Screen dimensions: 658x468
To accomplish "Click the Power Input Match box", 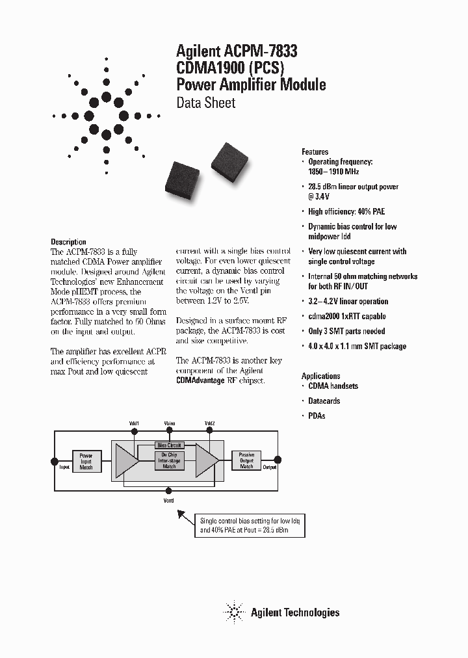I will point(86,461).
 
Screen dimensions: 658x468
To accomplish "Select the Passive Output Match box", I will point(247,460).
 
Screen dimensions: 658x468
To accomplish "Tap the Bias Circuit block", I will point(169,445).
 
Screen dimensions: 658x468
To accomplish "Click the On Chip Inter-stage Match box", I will point(169,461).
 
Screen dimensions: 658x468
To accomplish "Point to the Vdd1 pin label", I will point(135,423).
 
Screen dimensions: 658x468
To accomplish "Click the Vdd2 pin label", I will point(209,423).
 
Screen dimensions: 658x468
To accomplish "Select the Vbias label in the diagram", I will point(170,423).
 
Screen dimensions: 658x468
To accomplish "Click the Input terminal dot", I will point(55,461).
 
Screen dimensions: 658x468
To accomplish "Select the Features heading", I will point(315,151).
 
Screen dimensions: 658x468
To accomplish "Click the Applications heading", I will point(320,376).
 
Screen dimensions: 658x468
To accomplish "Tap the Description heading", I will point(68,242).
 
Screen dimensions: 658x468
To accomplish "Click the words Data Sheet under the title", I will point(206,103).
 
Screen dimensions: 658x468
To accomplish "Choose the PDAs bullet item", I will point(317,415).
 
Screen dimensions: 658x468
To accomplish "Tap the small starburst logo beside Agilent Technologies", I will point(233,612).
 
